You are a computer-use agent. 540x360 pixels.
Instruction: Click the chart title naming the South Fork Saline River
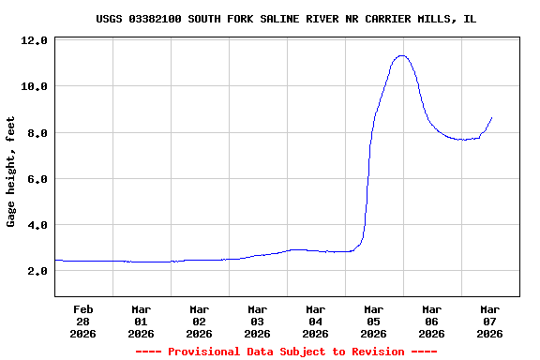(285, 19)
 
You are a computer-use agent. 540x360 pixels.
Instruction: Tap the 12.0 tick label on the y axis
(34, 41)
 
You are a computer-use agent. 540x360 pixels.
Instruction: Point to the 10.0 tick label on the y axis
(34, 87)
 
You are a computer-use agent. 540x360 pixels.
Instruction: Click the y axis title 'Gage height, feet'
(11, 172)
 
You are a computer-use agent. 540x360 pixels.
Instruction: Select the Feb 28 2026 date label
(83, 321)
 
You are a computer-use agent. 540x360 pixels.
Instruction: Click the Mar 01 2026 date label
(142, 321)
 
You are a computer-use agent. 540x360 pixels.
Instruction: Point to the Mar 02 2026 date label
(200, 321)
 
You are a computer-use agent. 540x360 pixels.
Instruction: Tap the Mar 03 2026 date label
(258, 321)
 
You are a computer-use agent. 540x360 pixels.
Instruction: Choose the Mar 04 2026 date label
(316, 321)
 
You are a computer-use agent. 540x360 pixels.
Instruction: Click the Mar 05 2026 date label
(374, 321)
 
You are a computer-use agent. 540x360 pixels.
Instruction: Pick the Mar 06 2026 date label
(432, 321)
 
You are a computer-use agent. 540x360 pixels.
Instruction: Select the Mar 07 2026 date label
(490, 321)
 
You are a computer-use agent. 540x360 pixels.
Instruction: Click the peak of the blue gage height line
(402, 55)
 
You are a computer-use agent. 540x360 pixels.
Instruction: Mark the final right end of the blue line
(491, 117)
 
